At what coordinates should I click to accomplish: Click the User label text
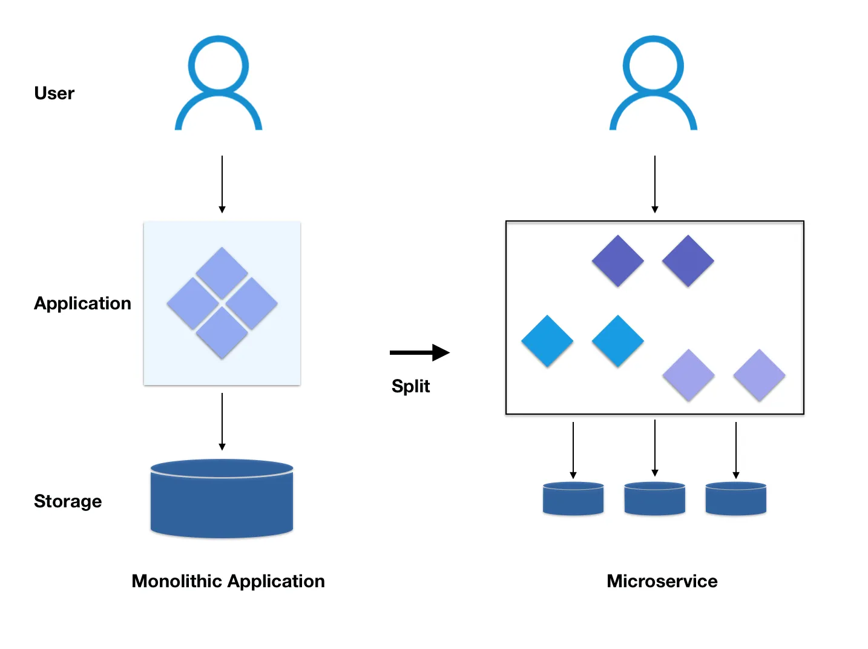tap(54, 93)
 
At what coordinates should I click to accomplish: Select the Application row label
tap(82, 303)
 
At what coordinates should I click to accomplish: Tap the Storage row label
tap(68, 501)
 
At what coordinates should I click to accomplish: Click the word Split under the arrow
tap(410, 386)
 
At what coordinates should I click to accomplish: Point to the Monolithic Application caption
tap(228, 581)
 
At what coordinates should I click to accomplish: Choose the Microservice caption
tap(662, 581)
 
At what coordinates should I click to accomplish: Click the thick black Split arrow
tap(419, 352)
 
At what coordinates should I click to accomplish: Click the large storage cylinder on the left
tap(222, 499)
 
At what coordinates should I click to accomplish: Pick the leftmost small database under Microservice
tap(573, 499)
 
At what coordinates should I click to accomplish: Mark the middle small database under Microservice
tap(655, 499)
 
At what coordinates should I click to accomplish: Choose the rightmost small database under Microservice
tap(736, 499)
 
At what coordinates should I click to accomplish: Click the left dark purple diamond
tap(617, 261)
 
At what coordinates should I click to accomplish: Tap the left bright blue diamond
tap(547, 341)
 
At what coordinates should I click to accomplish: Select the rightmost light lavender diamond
tap(759, 375)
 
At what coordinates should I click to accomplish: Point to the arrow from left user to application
tap(222, 184)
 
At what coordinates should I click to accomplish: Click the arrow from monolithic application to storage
tap(222, 421)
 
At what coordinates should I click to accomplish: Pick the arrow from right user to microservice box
tap(655, 184)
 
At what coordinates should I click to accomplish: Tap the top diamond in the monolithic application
tap(222, 272)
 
